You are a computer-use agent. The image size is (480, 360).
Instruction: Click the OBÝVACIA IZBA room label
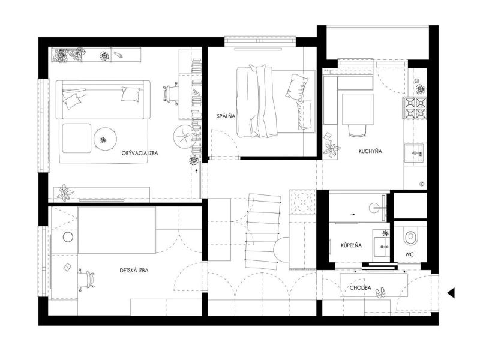click(140, 153)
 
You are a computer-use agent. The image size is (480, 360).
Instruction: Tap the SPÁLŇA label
click(226, 116)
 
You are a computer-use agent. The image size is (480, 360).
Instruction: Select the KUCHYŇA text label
click(370, 151)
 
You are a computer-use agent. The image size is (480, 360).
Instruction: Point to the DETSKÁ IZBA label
click(134, 271)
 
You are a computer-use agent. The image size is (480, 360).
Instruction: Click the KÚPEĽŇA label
click(351, 245)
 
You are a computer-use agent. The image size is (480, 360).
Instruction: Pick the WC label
click(409, 254)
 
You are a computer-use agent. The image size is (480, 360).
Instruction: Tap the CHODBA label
click(361, 288)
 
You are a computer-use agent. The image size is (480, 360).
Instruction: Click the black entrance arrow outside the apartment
click(451, 293)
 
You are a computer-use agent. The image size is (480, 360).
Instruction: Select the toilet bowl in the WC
click(410, 236)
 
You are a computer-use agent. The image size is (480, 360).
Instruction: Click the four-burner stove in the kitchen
click(415, 108)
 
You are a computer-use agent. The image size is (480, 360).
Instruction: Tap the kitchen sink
click(415, 153)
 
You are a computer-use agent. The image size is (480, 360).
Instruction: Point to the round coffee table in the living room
click(106, 139)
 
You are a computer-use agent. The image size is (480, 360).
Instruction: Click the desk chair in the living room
click(171, 93)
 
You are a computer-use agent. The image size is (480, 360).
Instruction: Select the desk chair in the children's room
click(86, 280)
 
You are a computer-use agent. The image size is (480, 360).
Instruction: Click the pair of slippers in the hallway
click(380, 292)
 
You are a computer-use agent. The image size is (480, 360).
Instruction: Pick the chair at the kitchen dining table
click(358, 130)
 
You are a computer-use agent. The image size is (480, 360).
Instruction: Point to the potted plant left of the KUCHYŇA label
click(331, 149)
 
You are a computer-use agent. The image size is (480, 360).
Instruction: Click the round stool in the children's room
click(68, 237)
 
